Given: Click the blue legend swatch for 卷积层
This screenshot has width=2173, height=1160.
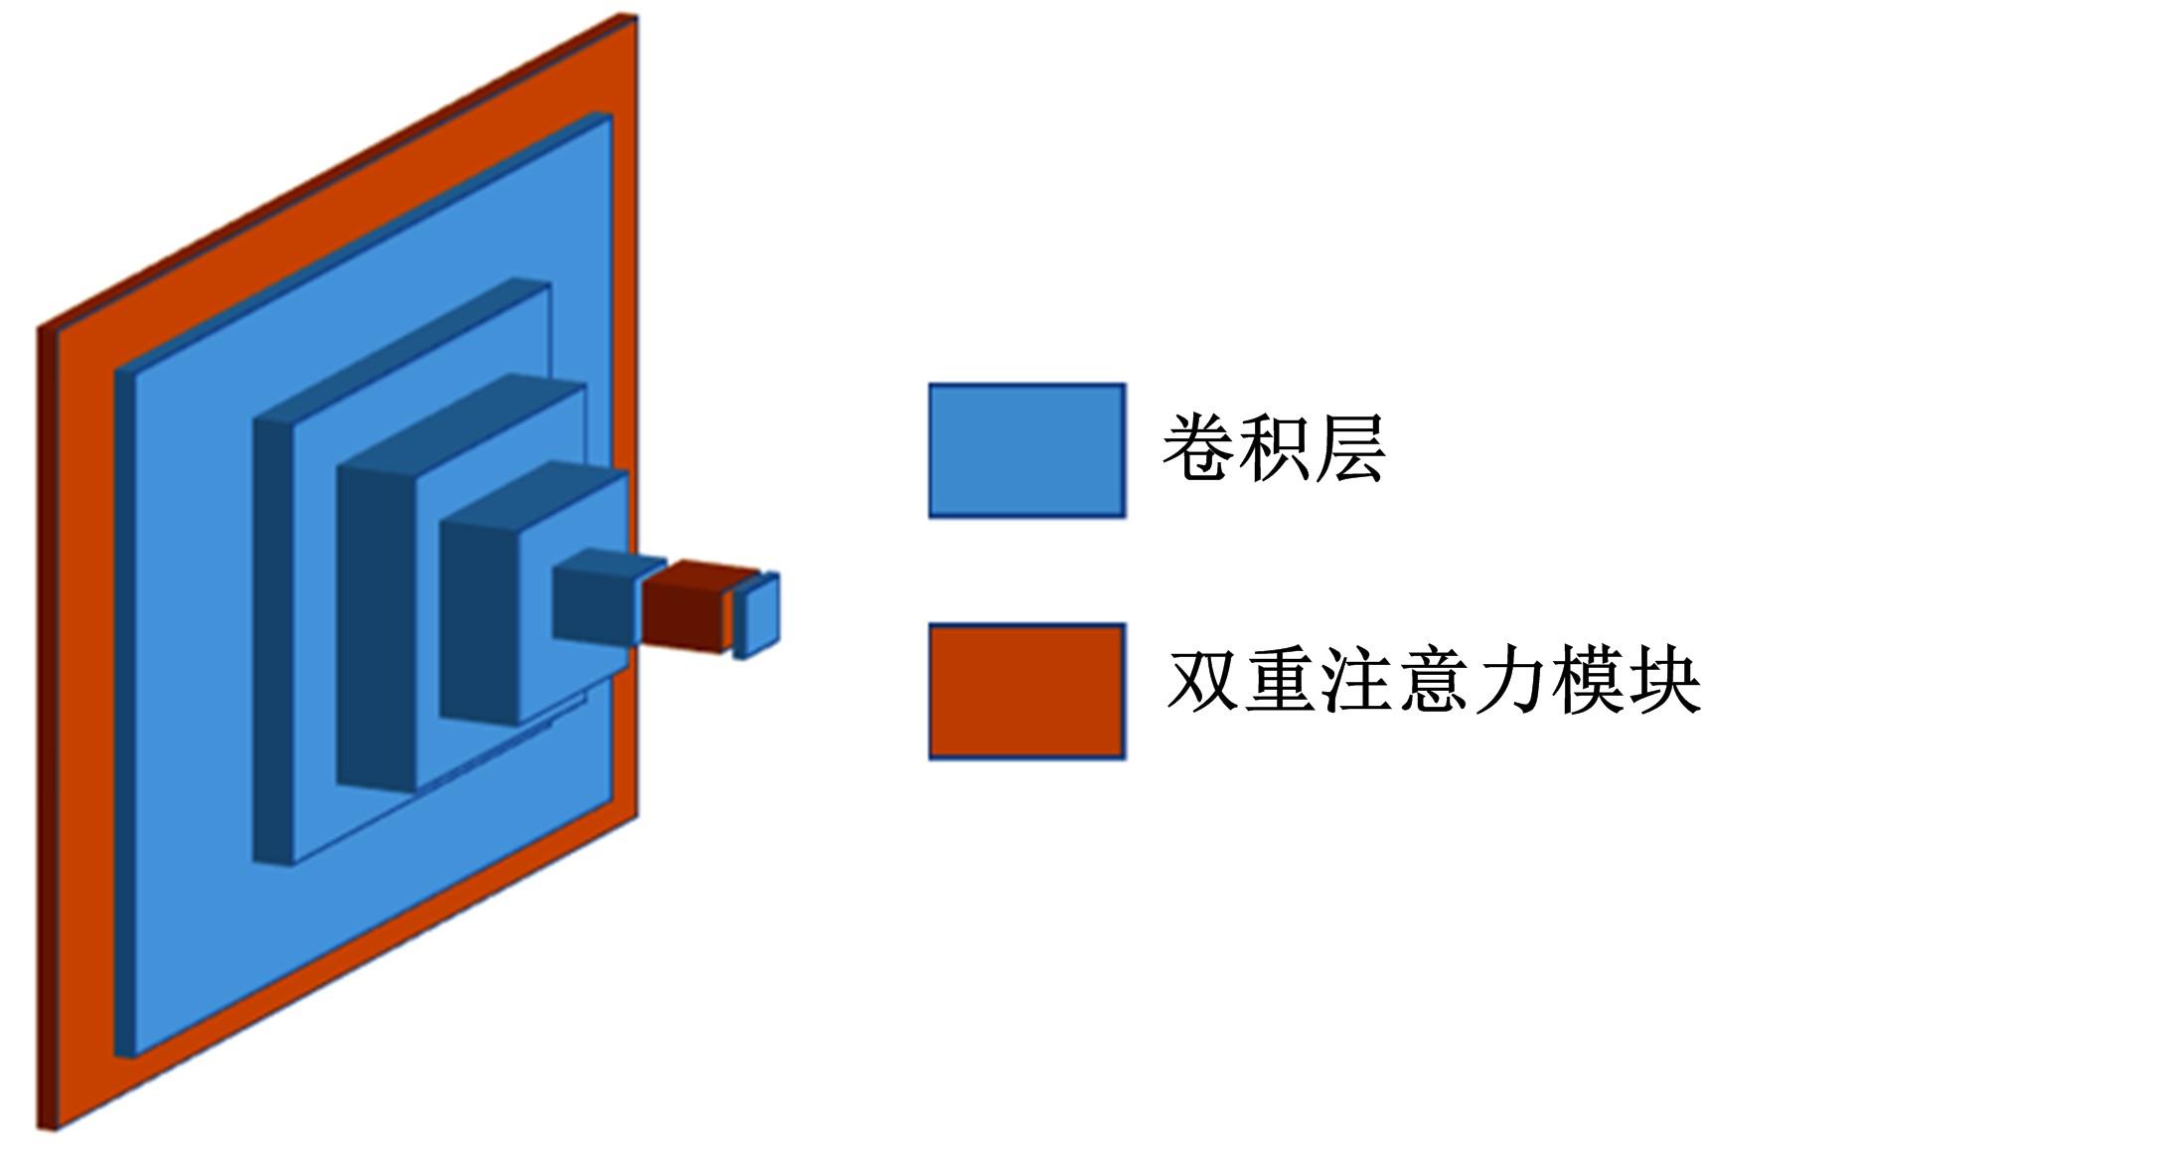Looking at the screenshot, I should (1026, 450).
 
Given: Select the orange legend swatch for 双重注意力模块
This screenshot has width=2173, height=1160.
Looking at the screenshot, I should (1026, 691).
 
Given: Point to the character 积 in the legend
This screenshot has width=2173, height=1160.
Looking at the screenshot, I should (1274, 448).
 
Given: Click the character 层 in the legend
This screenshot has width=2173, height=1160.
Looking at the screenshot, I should (1350, 448).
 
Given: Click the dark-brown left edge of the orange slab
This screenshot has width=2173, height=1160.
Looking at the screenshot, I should (46, 726).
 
